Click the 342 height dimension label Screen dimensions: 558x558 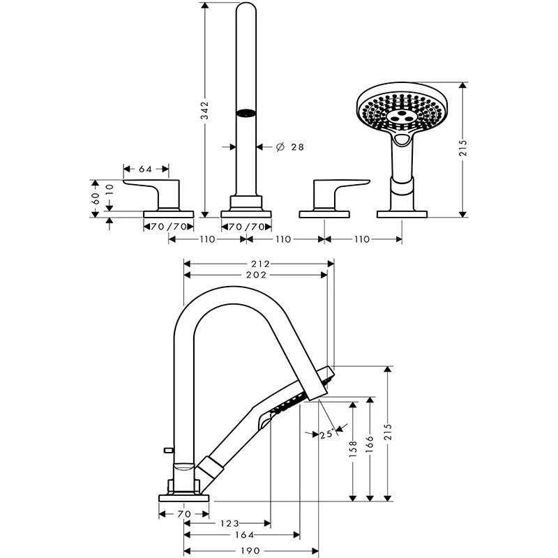205,111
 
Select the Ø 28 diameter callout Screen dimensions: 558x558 289,146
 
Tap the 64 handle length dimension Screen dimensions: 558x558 146,169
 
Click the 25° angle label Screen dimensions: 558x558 326,434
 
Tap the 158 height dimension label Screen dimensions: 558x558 354,448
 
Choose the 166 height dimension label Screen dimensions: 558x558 370,444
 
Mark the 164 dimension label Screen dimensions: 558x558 242,536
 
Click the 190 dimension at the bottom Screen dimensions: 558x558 251,550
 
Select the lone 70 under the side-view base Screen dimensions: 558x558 184,514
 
